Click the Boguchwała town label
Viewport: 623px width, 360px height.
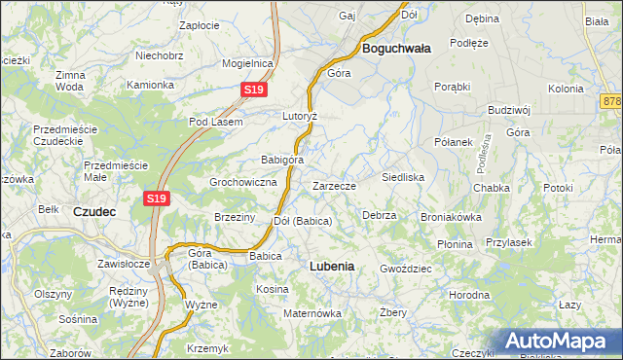pos(396,47)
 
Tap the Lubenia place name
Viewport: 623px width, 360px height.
pos(331,265)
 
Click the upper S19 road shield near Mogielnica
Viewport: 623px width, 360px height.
pos(253,90)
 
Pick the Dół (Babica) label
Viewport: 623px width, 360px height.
pos(303,221)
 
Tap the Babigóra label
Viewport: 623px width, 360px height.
pos(283,160)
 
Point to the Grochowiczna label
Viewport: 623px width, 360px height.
pos(244,182)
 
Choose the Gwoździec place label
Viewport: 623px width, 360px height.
pos(406,268)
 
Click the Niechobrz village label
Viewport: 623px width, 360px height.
pos(161,56)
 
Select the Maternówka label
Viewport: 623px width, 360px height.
pos(312,313)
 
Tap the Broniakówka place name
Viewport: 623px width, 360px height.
pos(451,217)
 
